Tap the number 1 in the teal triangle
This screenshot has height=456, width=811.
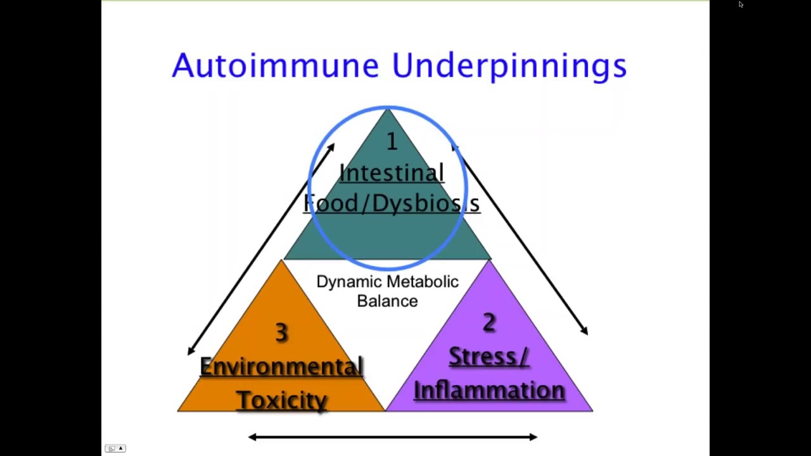coord(392,142)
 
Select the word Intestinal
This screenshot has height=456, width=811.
coord(392,173)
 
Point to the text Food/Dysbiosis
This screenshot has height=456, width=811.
coord(392,203)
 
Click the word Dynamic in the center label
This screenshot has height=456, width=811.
coord(350,282)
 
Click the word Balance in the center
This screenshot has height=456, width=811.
coord(387,301)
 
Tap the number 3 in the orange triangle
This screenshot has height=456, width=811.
coord(281,332)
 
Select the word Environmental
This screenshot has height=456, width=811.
coord(281,367)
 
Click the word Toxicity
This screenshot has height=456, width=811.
coord(281,400)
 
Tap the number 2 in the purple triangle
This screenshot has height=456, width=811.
coord(489,323)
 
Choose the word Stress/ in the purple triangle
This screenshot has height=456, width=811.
coord(489,357)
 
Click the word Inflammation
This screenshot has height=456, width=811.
coord(489,390)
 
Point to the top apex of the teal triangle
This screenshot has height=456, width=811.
coord(388,110)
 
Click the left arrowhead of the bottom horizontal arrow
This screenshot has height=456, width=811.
coord(252,436)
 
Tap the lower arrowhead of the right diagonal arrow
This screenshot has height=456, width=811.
coord(585,331)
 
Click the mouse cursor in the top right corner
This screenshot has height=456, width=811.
coord(741,4)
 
